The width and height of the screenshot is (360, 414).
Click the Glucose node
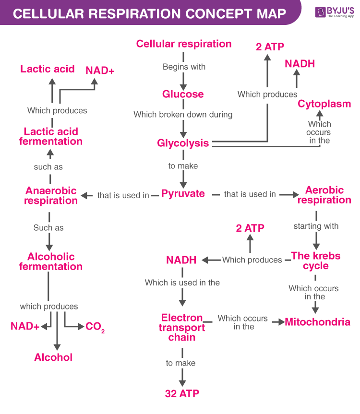(x=183, y=94)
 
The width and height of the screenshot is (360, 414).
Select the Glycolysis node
(x=183, y=143)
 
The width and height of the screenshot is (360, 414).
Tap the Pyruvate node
(x=183, y=194)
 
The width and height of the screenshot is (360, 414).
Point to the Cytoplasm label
(x=324, y=104)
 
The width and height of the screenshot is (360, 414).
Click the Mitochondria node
(x=317, y=322)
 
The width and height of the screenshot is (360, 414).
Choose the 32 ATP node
(x=181, y=393)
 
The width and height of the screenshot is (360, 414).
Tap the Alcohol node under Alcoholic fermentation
(x=53, y=357)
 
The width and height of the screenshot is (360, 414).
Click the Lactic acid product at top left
(x=48, y=69)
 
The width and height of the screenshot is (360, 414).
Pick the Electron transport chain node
(x=182, y=327)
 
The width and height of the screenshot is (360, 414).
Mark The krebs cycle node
(x=315, y=260)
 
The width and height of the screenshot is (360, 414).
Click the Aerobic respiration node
(x=324, y=195)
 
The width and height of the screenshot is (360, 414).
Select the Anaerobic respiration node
(x=51, y=195)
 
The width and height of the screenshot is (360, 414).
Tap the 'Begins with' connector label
(x=184, y=67)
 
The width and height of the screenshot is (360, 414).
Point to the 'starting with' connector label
(x=316, y=226)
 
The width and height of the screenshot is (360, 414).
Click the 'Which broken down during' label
(x=183, y=114)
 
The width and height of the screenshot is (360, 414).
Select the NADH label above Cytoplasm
(x=300, y=63)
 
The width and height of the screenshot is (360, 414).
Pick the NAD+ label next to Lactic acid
(x=100, y=71)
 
